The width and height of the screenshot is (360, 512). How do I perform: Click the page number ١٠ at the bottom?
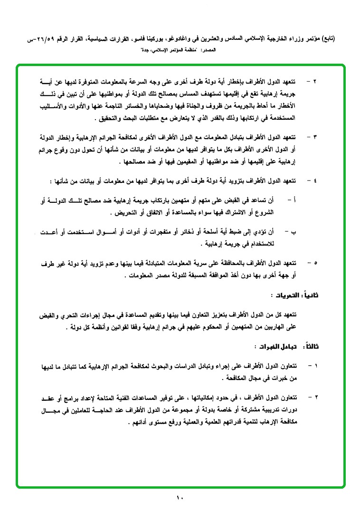click(x=180, y=498)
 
